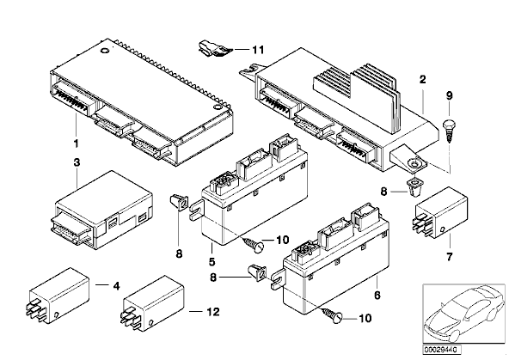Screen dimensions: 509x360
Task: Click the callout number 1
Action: coord(77,143)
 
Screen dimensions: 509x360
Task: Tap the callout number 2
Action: coord(422,79)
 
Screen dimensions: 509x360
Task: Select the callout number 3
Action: coord(77,162)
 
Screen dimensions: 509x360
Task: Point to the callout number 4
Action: coord(116,286)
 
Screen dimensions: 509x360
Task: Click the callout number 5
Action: coord(212,261)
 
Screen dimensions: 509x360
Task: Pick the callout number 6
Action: coord(377,296)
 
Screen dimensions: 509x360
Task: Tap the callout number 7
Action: coord(450,257)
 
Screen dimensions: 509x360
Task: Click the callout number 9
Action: coord(450,95)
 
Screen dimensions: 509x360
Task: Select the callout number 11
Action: coord(259,50)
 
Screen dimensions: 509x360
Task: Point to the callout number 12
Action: coord(213,312)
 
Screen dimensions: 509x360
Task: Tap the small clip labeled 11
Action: coord(215,49)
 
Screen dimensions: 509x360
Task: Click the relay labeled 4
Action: coord(58,295)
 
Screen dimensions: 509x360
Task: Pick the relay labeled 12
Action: coord(152,303)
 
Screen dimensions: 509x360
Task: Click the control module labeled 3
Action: coord(102,211)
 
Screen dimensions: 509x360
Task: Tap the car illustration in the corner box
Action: coord(464,314)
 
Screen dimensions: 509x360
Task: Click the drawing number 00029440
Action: coord(441,350)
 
